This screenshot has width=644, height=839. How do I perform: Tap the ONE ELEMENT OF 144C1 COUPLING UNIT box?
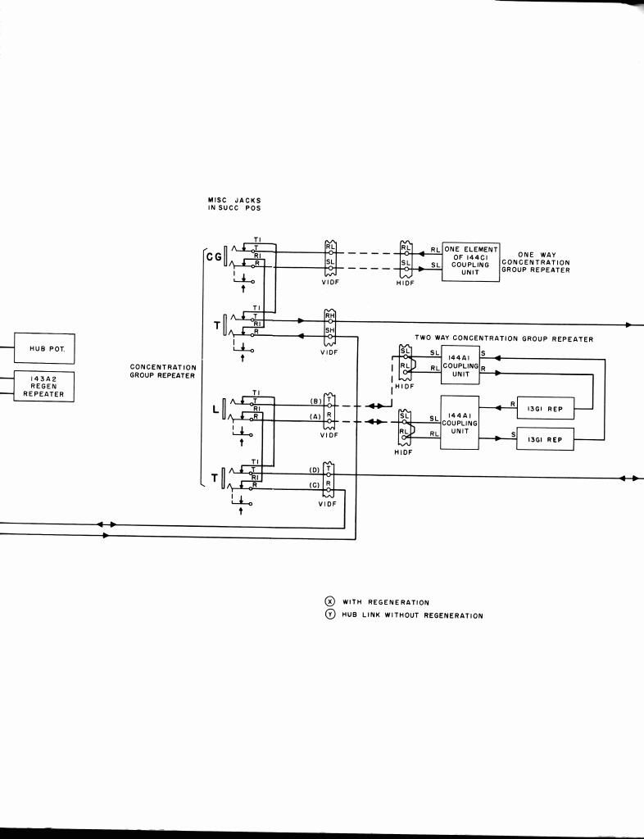click(470, 261)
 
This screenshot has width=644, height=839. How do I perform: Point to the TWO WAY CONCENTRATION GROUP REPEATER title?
click(504, 338)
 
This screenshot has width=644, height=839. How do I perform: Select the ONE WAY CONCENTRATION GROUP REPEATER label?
click(536, 262)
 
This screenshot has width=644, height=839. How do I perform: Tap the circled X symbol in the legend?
click(330, 601)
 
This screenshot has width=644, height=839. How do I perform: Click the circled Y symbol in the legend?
click(330, 615)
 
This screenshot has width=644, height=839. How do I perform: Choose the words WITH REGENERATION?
click(385, 602)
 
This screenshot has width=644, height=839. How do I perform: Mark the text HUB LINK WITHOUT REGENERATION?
click(412, 616)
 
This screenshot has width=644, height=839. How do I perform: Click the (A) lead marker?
click(314, 417)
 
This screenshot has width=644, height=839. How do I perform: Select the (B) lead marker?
click(314, 401)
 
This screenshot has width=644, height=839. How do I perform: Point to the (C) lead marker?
click(314, 485)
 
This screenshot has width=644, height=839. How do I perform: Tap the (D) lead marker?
click(314, 470)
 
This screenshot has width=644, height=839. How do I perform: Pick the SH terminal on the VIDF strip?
click(330, 330)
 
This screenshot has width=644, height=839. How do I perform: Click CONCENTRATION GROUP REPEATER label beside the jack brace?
click(162, 371)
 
